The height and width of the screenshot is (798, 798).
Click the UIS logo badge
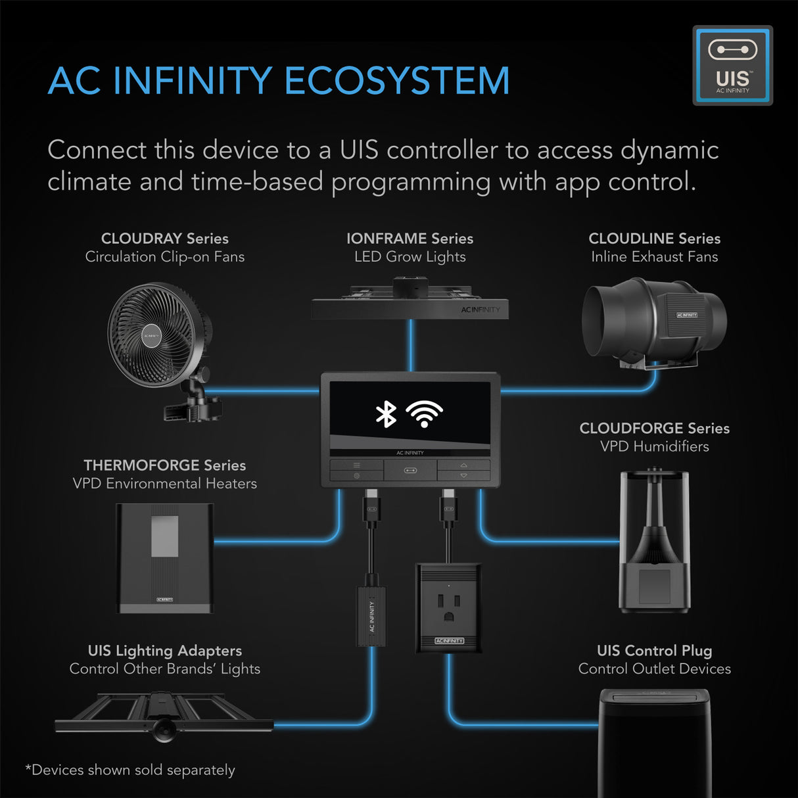tap(732, 66)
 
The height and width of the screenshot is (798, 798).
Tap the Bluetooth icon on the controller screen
tap(386, 414)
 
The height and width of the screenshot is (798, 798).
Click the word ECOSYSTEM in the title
tap(396, 81)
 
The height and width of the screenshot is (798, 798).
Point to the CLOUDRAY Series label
tap(165, 239)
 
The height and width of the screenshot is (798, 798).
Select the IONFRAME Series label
tap(410, 239)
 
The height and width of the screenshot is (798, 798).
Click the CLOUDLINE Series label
tap(654, 239)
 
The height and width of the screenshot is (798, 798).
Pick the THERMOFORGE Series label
tap(165, 465)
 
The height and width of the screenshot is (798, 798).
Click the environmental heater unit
tap(165, 558)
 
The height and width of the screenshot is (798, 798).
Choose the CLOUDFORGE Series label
tap(654, 429)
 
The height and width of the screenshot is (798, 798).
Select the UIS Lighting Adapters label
tap(165, 651)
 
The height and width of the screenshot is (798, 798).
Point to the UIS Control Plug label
tap(654, 651)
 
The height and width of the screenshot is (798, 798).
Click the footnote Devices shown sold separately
tap(130, 770)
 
